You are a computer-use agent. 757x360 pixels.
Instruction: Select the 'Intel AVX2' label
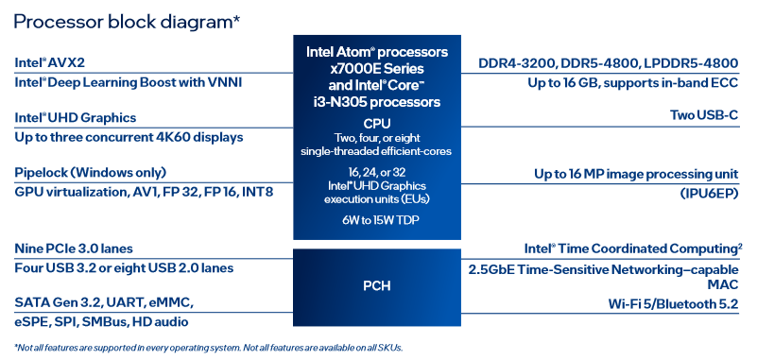(x=50, y=62)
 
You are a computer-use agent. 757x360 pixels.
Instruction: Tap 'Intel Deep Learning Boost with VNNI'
(x=128, y=82)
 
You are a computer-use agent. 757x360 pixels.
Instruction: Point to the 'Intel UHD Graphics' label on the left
(x=76, y=118)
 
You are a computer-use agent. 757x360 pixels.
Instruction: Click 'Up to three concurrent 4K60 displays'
(x=129, y=138)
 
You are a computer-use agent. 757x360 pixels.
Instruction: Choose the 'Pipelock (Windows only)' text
(x=91, y=173)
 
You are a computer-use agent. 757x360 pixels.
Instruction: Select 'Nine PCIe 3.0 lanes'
(x=74, y=249)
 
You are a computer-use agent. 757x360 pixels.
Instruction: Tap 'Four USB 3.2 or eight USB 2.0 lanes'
(x=124, y=267)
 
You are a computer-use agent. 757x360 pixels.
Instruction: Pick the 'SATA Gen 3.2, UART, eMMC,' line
(x=104, y=303)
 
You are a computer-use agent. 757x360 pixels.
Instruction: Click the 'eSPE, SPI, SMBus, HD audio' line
(x=101, y=322)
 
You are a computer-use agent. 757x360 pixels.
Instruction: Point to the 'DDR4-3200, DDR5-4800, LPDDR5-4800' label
(x=609, y=63)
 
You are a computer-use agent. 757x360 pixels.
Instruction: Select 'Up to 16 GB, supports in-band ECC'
(x=633, y=83)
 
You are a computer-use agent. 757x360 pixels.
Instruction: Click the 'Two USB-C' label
(x=704, y=115)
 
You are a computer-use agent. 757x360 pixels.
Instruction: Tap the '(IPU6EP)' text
(x=709, y=194)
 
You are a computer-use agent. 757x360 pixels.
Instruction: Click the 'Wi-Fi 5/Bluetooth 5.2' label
(x=673, y=304)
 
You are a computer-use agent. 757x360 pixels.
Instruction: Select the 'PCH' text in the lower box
(x=376, y=286)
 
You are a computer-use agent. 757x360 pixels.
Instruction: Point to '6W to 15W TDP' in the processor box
(x=377, y=220)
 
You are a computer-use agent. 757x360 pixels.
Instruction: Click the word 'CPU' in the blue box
(x=377, y=124)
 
